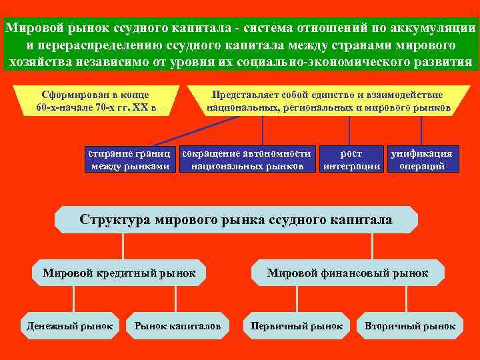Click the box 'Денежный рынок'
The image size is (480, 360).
[x=70, y=326]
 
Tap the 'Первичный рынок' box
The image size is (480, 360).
[x=297, y=326]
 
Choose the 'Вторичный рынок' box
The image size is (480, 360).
[x=410, y=326]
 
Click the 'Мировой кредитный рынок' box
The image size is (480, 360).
[x=119, y=273]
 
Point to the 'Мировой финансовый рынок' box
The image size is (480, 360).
[x=347, y=273]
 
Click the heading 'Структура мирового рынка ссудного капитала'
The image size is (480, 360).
[x=236, y=219]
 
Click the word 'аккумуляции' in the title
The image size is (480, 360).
[x=439, y=29]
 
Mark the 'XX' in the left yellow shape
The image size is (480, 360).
[x=151, y=107]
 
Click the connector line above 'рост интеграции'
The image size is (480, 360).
[x=349, y=130]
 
